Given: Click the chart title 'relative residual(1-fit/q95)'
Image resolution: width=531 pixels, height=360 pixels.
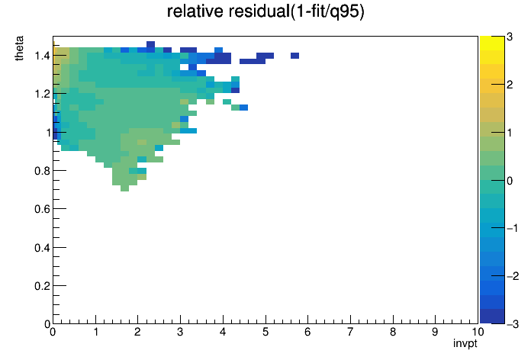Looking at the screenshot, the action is (265, 11).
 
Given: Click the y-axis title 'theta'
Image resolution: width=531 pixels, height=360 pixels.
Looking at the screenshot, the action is (19, 48).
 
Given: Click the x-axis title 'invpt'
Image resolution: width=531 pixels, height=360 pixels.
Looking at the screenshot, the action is (465, 343).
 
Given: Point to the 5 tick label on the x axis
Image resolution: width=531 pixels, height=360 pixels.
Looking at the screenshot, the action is (265, 332).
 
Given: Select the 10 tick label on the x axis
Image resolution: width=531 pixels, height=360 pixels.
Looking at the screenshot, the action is (477, 332).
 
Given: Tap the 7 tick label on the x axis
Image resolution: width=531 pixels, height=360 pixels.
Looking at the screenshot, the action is (350, 332).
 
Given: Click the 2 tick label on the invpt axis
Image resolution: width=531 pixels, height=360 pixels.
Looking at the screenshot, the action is (137, 332).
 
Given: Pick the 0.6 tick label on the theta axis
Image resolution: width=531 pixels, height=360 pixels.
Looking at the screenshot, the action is (42, 209).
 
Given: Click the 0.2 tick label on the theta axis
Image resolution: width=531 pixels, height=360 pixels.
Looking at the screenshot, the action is (42, 286).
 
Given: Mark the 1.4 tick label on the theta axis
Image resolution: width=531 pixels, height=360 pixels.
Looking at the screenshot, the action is (42, 56).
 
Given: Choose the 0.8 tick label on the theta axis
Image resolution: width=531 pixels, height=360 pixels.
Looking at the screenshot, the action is (42, 171).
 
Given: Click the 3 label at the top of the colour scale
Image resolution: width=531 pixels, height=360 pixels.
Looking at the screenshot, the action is (510, 37).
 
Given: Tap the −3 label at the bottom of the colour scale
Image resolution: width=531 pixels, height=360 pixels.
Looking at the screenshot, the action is (513, 324).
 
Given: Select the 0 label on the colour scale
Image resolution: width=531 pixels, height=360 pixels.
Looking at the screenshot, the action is (510, 181).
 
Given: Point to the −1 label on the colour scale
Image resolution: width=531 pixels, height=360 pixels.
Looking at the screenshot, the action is (513, 228).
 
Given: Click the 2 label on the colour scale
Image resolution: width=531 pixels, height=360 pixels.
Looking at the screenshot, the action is (510, 85).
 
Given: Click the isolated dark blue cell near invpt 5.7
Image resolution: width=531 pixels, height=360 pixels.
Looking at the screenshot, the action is (294, 56).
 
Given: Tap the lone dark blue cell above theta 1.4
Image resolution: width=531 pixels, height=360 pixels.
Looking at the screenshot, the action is (150, 44).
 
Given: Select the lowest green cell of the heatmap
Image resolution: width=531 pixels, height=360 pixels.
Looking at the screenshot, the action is (124, 188).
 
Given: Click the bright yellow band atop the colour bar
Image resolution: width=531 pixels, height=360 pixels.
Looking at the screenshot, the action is (492, 43).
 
